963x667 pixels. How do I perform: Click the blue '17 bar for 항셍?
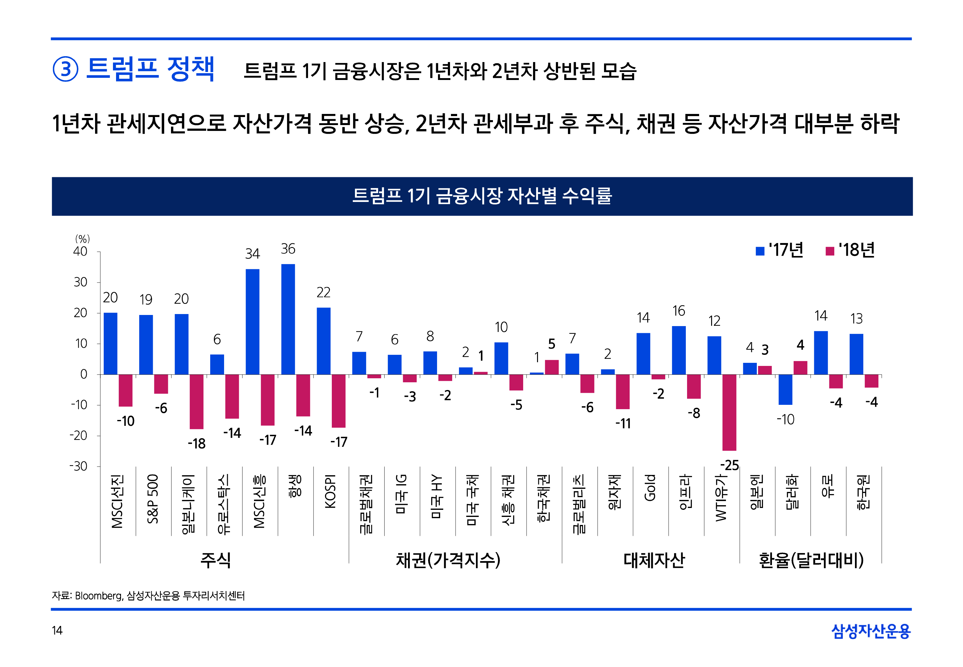click(x=288, y=319)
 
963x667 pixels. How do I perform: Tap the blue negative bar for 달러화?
click(x=785, y=389)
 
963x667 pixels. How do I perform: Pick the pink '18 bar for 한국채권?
click(x=552, y=367)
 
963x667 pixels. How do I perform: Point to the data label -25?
click(x=729, y=465)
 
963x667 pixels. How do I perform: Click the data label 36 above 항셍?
click(x=288, y=249)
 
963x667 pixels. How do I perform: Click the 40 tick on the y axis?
click(x=80, y=252)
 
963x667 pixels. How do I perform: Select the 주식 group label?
click(x=215, y=560)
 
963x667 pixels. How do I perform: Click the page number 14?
click(x=57, y=630)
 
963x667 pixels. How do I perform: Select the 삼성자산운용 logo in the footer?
click(x=870, y=631)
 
